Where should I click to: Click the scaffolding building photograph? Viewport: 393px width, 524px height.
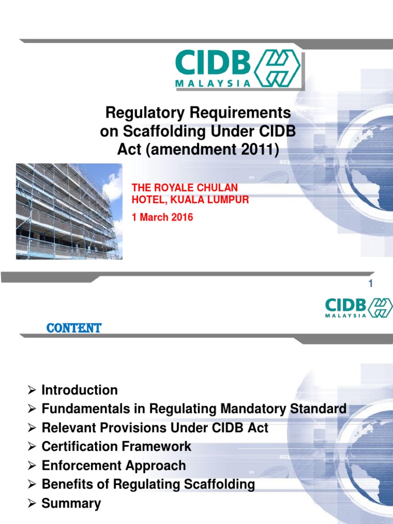coord(69,211)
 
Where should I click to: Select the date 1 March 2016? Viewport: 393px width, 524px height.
coord(162,217)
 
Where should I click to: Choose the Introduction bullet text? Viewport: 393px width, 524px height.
coord(79,390)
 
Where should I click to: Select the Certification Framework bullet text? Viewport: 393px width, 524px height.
coord(116,446)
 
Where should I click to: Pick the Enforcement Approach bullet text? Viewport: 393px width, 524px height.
coord(114,465)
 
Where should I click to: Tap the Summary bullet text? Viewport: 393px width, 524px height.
coord(71,503)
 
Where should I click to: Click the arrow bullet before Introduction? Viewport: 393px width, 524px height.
coord(31,391)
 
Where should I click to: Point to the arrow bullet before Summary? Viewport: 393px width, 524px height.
coord(31,504)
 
